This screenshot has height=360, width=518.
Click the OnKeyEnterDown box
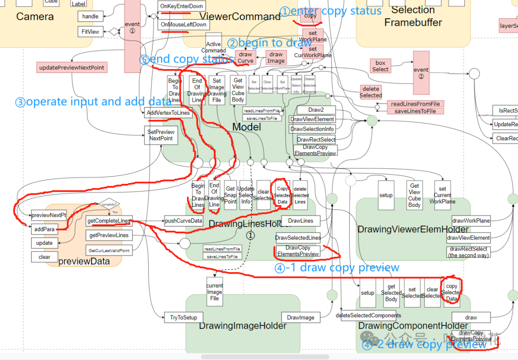pos(181,6)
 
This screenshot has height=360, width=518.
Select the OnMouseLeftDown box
pos(183,24)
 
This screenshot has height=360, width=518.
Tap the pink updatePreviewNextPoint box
pos(71,68)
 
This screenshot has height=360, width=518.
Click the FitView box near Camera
pos(91,32)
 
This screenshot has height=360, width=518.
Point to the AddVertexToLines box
pos(168,113)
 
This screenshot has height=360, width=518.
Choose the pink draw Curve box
pos(246,58)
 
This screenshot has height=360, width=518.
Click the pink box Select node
pos(380,66)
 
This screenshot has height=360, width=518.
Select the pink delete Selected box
pos(371,92)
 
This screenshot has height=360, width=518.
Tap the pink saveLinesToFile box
pos(415,111)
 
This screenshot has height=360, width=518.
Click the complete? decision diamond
pos(109,204)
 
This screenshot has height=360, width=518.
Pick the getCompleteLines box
pos(109,221)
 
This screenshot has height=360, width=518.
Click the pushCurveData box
pos(184,221)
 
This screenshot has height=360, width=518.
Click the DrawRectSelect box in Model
pos(316,140)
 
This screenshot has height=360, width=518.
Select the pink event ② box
pos(421,73)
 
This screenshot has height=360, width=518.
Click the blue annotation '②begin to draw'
pos(269,43)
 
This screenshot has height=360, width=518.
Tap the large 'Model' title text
pos(247,127)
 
